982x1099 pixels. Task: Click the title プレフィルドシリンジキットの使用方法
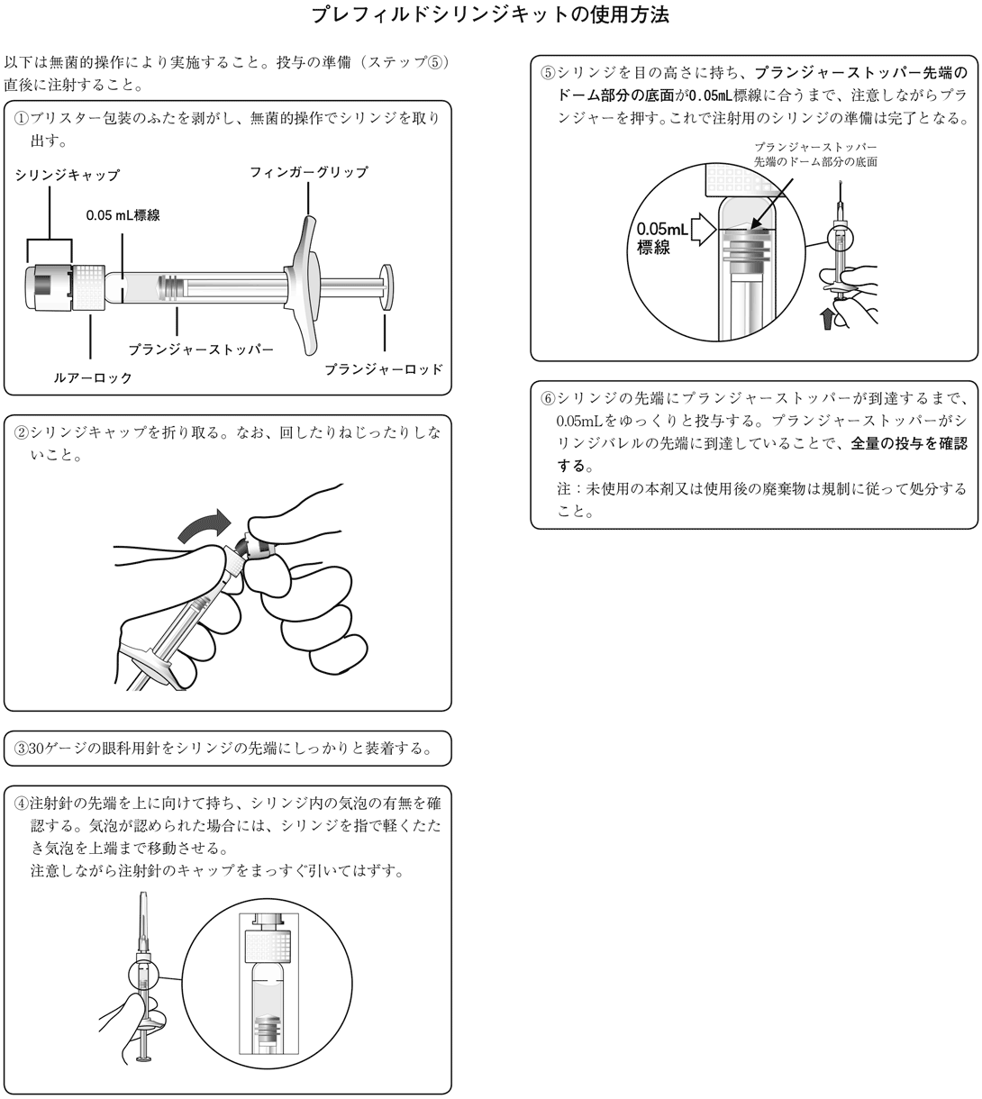pos(490,14)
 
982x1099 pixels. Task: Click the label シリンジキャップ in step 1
pos(68,176)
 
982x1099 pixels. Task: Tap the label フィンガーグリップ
pos(309,172)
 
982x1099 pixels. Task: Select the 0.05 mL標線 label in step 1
pos(123,215)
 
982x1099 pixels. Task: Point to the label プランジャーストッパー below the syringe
pos(201,350)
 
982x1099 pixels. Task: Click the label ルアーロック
pos(92,377)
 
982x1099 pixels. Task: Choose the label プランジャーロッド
pos(384,369)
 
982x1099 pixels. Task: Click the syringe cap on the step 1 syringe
pos(49,287)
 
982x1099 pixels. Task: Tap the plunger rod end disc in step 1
pos(386,287)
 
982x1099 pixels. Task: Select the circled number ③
pos(21,749)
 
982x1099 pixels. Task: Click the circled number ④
pos(21,804)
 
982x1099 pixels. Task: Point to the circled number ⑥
pos(548,399)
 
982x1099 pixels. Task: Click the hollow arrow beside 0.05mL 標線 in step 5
pos(704,230)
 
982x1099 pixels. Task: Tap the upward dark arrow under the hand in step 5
pos(827,318)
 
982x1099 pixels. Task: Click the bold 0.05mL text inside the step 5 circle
pos(662,230)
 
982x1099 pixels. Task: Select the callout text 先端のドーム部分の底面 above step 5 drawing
pos(815,161)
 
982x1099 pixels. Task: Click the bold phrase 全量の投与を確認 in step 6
pos(909,443)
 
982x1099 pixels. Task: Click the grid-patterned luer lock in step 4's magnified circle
pos(268,947)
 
